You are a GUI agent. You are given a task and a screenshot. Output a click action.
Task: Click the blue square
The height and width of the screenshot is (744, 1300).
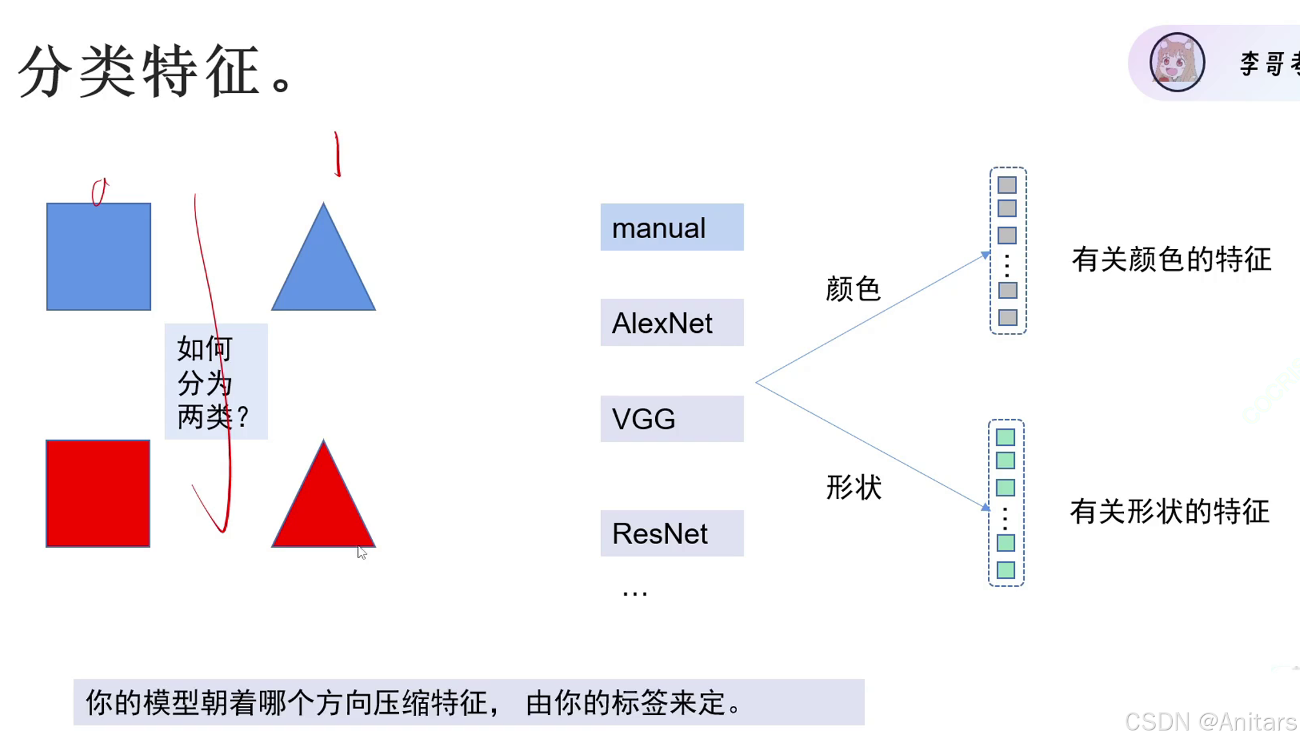[x=99, y=257]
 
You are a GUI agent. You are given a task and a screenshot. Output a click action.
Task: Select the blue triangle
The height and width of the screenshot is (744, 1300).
[x=323, y=271]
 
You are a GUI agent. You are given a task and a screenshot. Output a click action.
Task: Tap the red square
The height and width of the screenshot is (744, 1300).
[x=98, y=494]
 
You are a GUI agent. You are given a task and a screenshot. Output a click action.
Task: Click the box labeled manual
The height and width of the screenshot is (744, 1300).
[x=672, y=228]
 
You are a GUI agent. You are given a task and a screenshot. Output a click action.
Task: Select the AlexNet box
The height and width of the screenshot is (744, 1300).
[x=672, y=323]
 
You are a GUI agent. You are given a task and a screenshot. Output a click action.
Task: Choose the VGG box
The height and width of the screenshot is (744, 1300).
[x=672, y=419]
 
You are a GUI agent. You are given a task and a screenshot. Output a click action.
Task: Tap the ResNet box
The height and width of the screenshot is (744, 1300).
[x=672, y=534]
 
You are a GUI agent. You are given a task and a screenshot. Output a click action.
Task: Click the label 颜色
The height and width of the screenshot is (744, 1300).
[x=852, y=288]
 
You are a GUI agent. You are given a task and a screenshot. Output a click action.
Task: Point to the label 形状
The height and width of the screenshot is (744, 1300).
[x=854, y=487]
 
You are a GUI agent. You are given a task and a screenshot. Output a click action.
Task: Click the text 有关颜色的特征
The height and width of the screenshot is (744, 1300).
[x=1171, y=259]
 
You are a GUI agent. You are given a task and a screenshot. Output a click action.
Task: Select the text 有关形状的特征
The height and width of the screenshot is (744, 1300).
[x=1170, y=512]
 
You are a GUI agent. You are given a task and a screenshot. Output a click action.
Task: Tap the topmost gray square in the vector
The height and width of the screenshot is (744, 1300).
[x=1007, y=185]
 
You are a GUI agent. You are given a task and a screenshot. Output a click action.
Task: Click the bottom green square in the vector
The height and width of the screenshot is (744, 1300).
[x=1005, y=570]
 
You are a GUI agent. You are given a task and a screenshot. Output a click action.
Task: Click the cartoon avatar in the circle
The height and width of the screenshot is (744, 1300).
[x=1177, y=63]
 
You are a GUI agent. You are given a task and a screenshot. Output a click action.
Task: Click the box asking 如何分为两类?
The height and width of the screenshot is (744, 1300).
[x=216, y=382]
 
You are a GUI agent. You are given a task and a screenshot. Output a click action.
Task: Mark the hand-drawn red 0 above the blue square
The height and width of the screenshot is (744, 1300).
[x=99, y=192]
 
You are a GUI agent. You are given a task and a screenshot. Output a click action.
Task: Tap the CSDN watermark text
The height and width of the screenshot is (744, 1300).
[x=1210, y=722]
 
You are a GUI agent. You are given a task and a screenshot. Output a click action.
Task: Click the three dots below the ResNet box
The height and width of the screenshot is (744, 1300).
[x=635, y=593]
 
